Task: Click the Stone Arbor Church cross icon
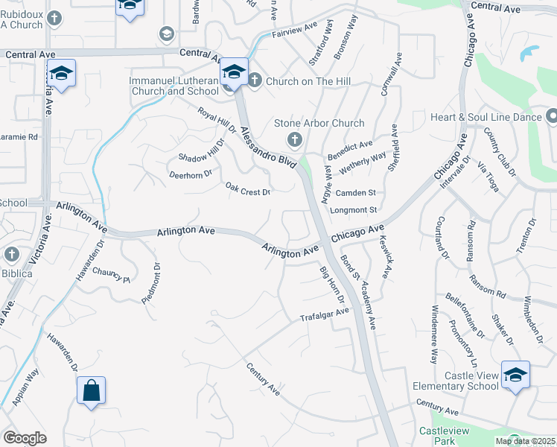click(295, 139)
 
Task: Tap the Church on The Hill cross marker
click(254, 80)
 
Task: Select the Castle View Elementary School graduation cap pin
click(515, 375)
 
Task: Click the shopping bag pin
click(91, 390)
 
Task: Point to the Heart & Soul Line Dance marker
click(552, 116)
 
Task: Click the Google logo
click(25, 438)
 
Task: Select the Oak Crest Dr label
click(247, 192)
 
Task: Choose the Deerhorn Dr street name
click(191, 174)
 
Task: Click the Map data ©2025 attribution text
click(525, 441)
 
